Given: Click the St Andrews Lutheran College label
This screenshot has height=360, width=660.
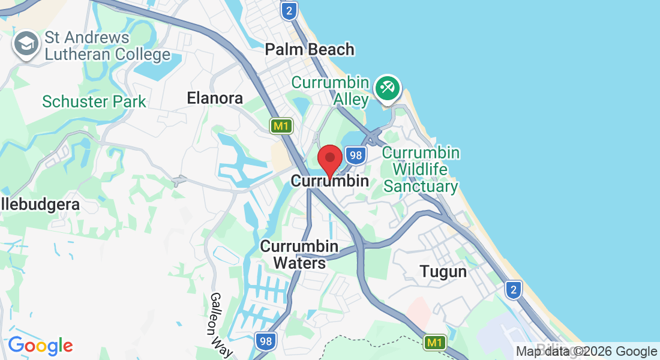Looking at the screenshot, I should click(107, 46).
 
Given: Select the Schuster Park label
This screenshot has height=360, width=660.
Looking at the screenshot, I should click(94, 101).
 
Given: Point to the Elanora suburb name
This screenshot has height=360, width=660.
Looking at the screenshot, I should click(215, 98).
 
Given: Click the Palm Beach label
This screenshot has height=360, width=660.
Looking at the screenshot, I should click(310, 49).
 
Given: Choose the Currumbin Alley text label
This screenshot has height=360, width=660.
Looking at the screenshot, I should click(330, 91).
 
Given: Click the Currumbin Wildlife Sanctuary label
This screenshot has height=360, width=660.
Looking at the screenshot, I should click(421, 169).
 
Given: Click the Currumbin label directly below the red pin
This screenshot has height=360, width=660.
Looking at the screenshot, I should click(329, 181).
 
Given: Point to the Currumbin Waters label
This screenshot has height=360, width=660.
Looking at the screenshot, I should click(299, 254).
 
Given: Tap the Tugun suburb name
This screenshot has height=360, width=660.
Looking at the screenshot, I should click(443, 271).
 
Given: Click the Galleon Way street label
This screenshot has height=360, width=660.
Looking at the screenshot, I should click(221, 324).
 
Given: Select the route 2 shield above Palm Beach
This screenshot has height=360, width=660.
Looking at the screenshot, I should click(290, 10).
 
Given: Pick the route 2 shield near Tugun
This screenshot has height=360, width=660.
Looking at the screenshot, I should click(513, 290).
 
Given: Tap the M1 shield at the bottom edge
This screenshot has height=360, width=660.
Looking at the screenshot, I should click(435, 343).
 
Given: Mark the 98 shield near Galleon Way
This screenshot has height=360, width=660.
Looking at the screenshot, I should click(266, 341).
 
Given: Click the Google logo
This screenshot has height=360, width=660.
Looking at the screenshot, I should click(40, 346).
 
